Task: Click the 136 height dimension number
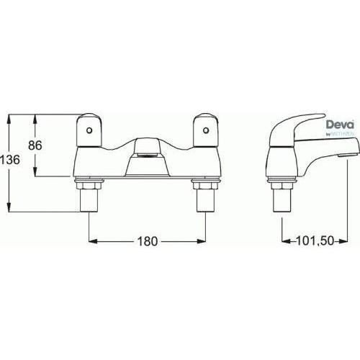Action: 10,160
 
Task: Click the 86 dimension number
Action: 35,145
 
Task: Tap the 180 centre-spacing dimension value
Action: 148,241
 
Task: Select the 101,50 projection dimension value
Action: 315,241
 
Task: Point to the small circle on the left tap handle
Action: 89,130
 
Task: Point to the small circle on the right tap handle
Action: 206,130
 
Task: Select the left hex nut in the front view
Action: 88,186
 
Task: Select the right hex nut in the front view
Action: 204,186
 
